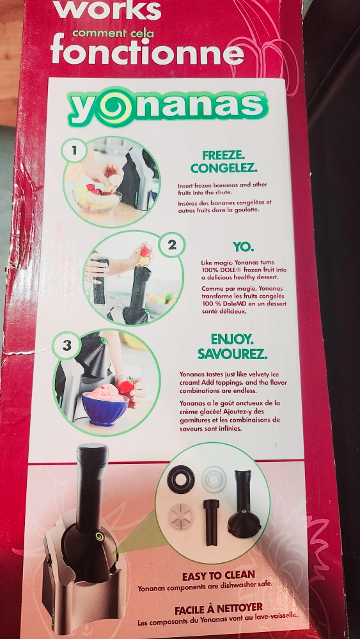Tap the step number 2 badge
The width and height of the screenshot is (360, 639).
172,245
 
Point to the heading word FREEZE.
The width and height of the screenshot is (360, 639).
223,155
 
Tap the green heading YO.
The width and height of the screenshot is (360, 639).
243,247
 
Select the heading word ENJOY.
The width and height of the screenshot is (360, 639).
231,339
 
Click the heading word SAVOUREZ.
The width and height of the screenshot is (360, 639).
232,354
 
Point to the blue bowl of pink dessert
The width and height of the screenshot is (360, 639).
106,406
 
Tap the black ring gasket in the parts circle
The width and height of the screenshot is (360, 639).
181,479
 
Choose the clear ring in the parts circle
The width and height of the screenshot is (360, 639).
214,479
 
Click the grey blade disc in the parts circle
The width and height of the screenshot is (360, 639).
181,516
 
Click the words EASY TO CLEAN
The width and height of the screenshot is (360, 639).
218,576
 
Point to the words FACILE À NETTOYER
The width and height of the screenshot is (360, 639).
219,610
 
